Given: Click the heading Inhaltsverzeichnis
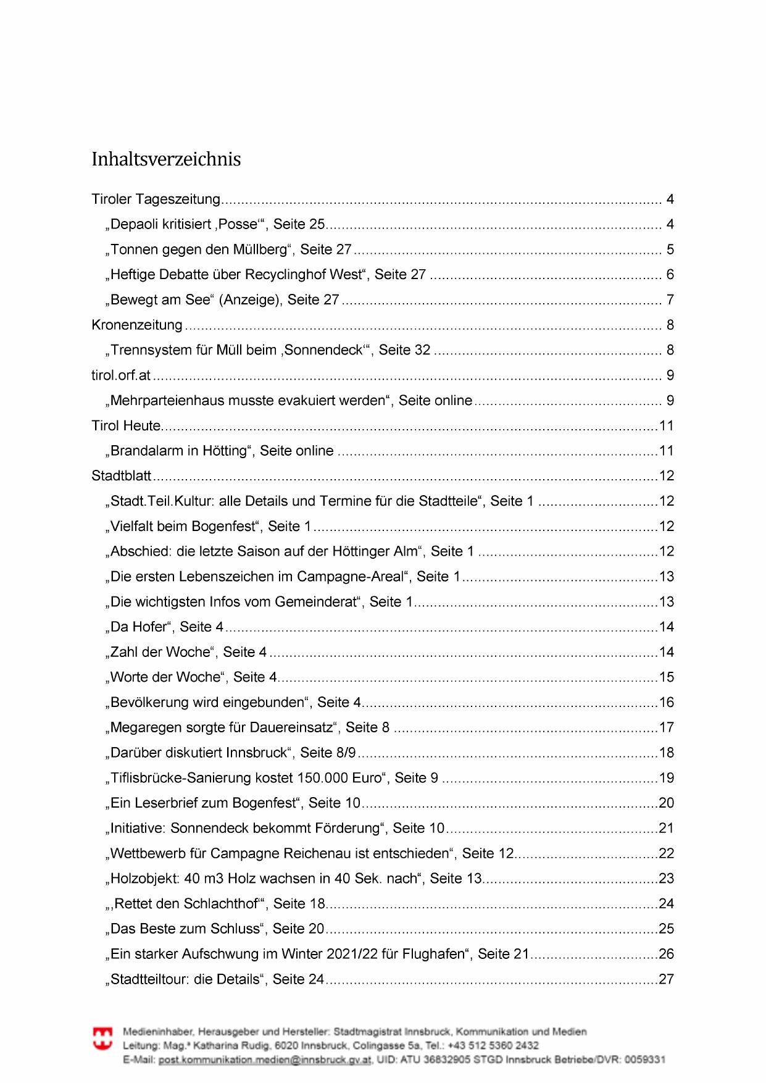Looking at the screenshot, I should click(x=166, y=159).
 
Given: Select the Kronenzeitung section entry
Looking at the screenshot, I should click(x=137, y=325).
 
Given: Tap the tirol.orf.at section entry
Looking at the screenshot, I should click(x=121, y=375).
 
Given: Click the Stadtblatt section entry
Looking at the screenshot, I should click(x=122, y=476).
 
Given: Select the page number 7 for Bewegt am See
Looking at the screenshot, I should click(x=670, y=300).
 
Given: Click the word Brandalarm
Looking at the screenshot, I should click(x=146, y=451).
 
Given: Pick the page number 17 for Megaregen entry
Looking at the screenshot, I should click(x=667, y=727).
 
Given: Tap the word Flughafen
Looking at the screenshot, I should click(x=433, y=954).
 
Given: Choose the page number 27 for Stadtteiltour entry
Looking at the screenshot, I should click(x=667, y=979).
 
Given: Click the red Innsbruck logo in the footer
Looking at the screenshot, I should click(x=102, y=1039).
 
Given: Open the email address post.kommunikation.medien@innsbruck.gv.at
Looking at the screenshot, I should click(x=265, y=1060).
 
